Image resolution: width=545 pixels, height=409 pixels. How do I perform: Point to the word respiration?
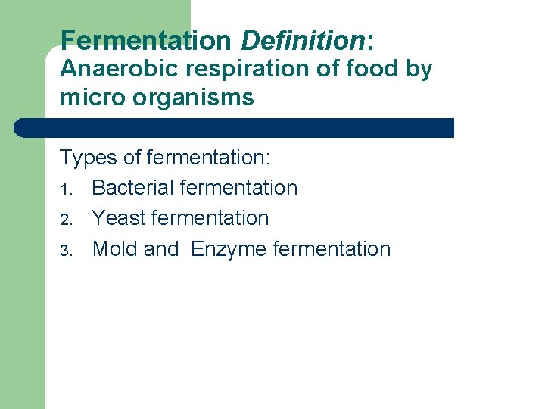coord(236,69)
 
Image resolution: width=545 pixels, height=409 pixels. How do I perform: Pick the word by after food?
coord(416,70)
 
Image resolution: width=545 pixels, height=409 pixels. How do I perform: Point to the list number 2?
coord(65,219)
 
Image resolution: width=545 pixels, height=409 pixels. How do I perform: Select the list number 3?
coord(65,250)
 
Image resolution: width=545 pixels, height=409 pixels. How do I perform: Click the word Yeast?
coord(119,218)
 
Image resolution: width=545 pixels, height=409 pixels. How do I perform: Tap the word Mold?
coord(116,249)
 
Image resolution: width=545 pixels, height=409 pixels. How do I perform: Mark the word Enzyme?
coord(227,250)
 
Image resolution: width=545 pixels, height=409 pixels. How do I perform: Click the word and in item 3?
coord(161,249)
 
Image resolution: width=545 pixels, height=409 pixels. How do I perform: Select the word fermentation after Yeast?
coord(210,218)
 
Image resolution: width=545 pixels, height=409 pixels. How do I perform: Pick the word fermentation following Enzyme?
coord(330,249)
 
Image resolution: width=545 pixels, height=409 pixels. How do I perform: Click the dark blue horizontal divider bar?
coord(235,127)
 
